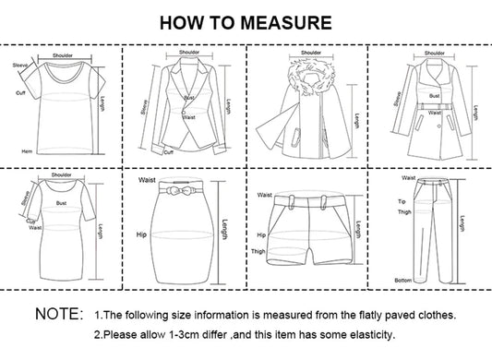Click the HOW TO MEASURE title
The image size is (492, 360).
(x=246, y=21)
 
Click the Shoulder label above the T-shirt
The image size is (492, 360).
(x=63, y=55)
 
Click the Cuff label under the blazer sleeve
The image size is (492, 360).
(x=168, y=153)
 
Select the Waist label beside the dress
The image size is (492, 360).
(x=35, y=227)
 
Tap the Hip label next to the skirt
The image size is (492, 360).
(x=142, y=234)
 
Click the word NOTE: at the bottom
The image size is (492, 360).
(x=59, y=315)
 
